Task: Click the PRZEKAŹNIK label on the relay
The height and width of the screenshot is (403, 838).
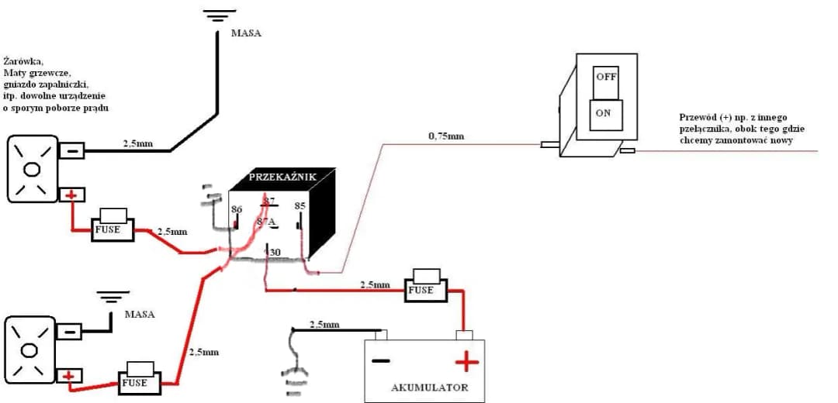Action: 282,177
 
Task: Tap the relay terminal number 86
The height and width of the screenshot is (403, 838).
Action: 237,209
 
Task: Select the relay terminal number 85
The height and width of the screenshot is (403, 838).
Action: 300,207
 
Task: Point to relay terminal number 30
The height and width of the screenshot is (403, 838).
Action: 274,252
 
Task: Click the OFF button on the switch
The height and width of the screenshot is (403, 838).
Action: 606,77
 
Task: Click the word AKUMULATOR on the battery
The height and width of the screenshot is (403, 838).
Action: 429,387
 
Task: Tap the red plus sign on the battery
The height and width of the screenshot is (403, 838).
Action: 467,361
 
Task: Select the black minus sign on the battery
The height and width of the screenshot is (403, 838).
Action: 380,361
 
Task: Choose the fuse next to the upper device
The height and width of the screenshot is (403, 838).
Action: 113,229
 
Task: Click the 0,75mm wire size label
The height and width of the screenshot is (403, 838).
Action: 446,136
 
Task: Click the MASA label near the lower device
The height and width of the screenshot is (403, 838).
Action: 140,315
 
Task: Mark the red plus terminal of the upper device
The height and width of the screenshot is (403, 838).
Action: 71,195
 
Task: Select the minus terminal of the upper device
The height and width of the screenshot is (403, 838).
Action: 71,150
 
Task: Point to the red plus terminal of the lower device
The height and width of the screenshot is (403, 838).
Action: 70,377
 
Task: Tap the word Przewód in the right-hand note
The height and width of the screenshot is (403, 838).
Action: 695,118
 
